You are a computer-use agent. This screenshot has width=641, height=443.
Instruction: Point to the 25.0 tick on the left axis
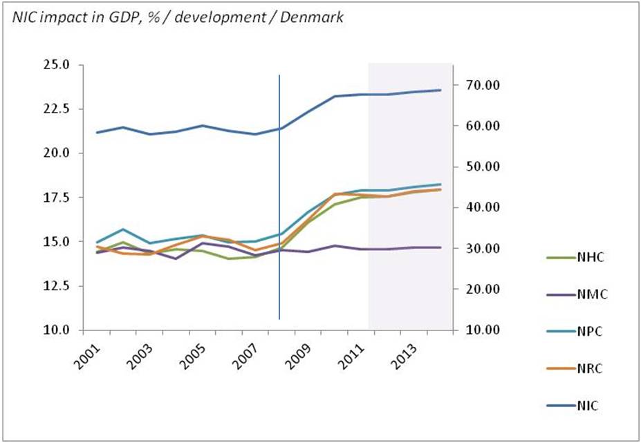tap(56, 65)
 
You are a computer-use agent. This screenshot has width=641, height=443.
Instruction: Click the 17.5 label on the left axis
tap(56, 198)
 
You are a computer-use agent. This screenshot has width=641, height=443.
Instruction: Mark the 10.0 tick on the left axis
tap(56, 330)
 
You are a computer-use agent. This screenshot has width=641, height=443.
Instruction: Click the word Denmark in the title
tap(319, 17)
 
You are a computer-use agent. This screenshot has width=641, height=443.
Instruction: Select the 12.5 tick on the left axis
tap(56, 286)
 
